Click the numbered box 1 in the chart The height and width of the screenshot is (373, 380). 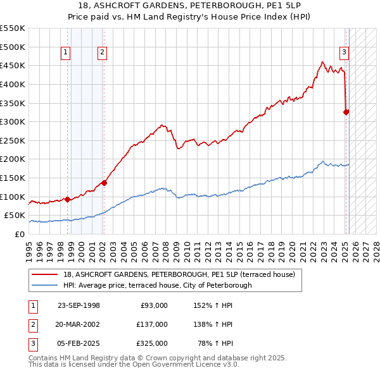[66, 53]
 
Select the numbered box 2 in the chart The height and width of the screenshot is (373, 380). [102, 53]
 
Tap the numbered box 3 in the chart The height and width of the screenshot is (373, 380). [344, 53]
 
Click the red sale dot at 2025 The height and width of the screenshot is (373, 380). [346, 113]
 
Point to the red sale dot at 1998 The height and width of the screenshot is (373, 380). [67, 199]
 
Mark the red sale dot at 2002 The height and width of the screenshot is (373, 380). [104, 183]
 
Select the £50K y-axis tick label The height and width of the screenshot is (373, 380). [15, 216]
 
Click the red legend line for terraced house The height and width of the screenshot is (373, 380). [44, 274]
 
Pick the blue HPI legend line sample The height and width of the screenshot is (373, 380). [44, 285]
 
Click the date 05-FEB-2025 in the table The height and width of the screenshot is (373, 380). [79, 343]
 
